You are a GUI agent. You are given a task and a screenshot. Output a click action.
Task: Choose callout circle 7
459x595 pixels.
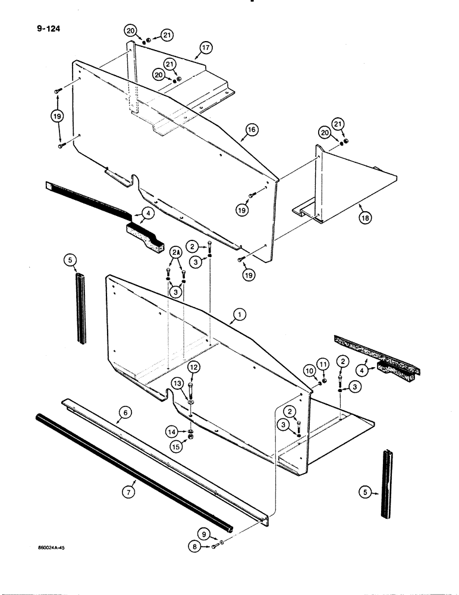pos(130,491)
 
